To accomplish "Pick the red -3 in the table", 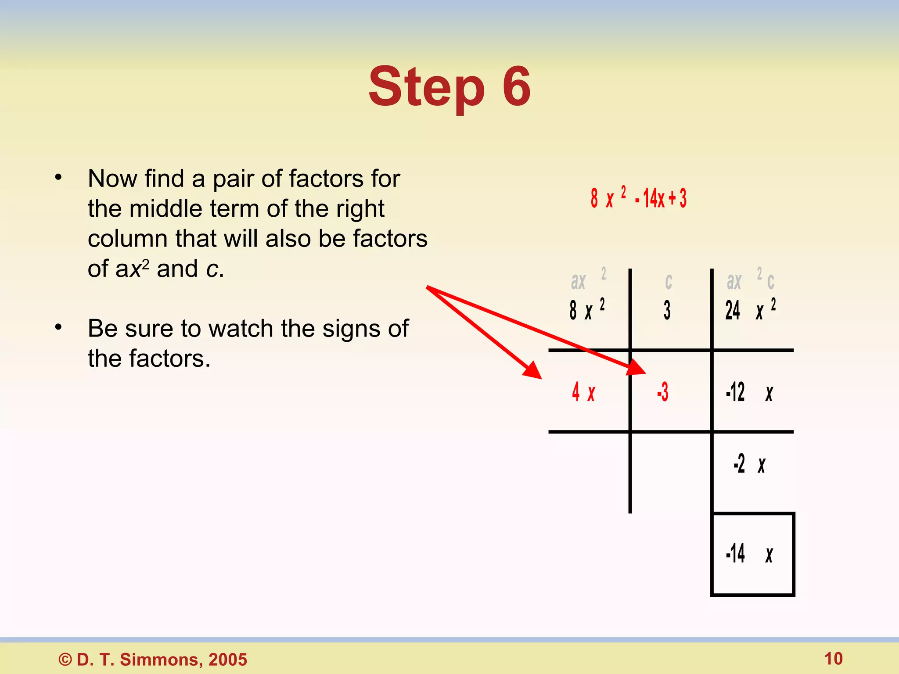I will (x=663, y=392).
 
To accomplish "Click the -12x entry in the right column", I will (x=749, y=392).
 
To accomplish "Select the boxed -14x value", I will (x=749, y=553).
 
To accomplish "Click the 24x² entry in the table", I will (x=750, y=310).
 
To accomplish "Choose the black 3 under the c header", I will (x=667, y=310).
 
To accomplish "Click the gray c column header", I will (x=669, y=281).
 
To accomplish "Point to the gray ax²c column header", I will (x=750, y=280).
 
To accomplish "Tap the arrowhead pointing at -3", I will (x=636, y=368).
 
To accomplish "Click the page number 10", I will (x=833, y=659).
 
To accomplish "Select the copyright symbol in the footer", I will (x=65, y=660).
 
